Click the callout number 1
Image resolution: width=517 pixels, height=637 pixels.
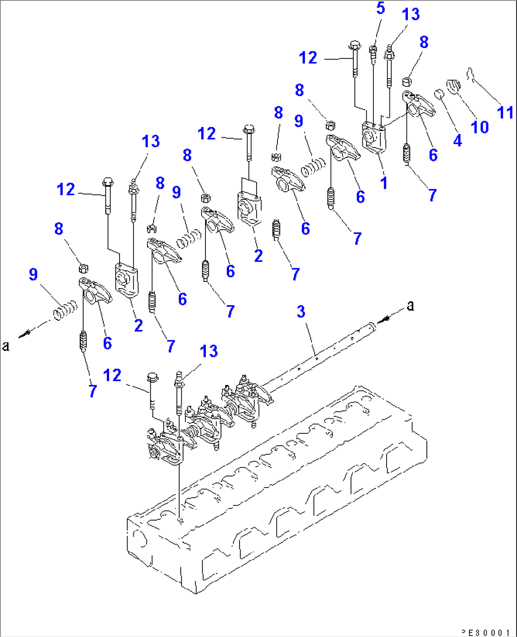point(384,183)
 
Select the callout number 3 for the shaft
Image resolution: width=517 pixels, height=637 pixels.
point(301,312)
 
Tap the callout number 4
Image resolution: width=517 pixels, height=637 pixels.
point(457,140)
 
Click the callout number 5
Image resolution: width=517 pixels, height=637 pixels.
point(381,8)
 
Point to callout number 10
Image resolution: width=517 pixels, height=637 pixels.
point(480,127)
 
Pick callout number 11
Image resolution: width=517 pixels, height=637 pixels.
point(505,112)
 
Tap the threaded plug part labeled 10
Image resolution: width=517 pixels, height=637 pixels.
point(453,87)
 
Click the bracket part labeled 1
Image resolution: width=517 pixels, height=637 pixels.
point(374,138)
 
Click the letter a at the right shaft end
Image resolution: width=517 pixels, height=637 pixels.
point(410,305)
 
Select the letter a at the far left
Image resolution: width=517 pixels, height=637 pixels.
point(6,346)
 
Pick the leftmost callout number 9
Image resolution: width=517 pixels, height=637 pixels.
point(33,274)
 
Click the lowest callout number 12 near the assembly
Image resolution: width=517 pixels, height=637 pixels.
point(112,375)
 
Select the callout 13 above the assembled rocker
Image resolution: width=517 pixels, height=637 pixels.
point(208,351)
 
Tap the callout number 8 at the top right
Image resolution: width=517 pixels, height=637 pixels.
point(424,42)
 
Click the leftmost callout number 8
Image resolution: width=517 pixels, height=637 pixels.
point(59,229)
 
